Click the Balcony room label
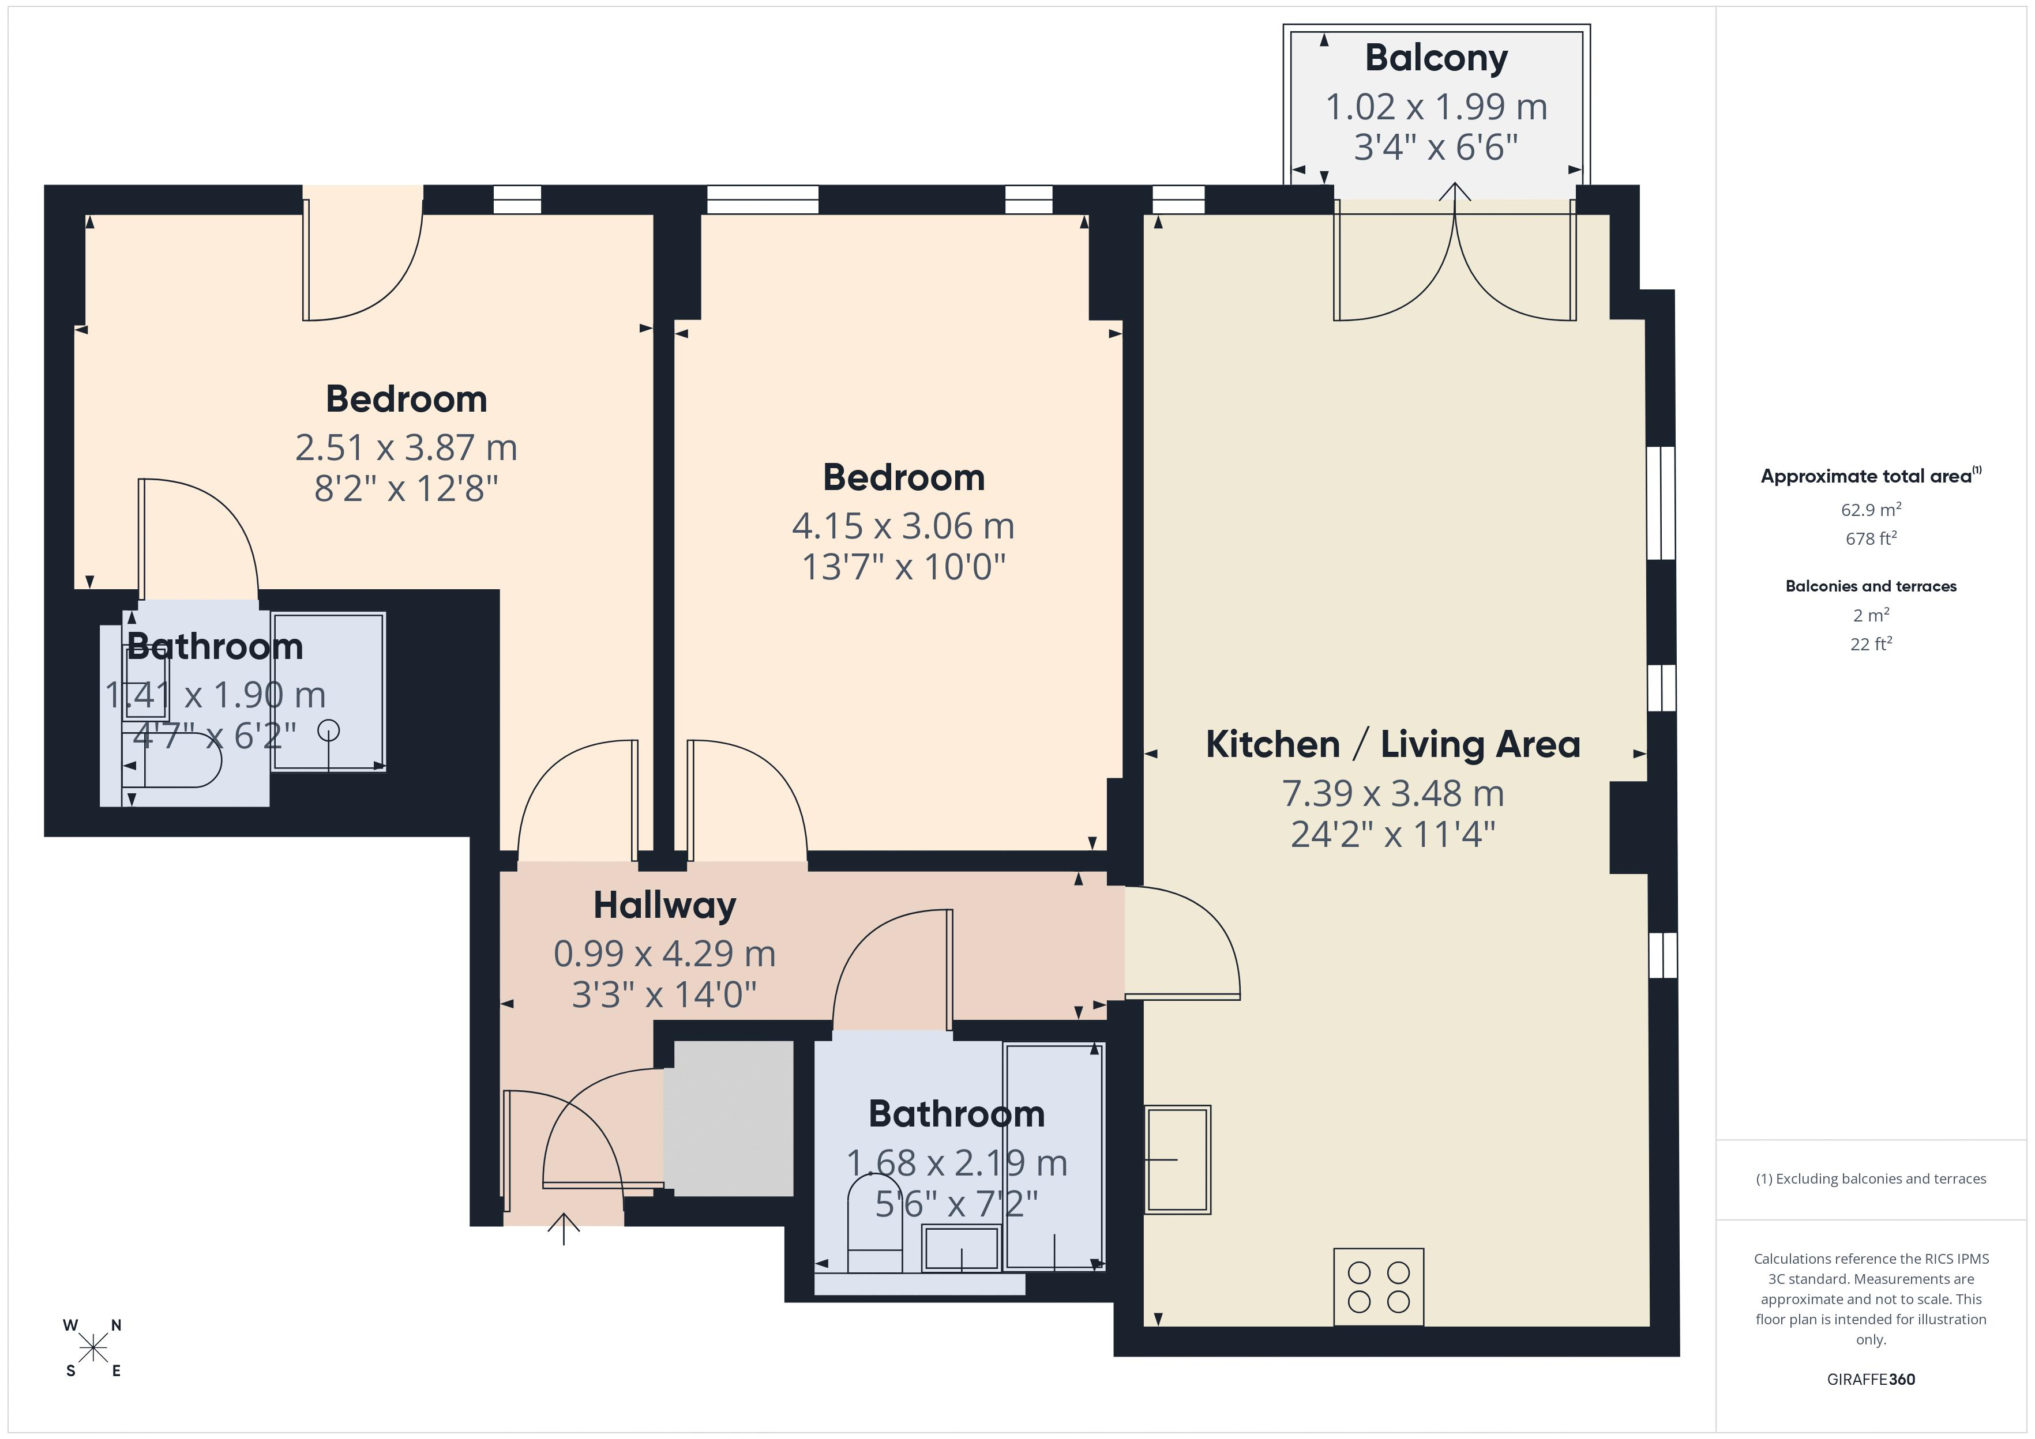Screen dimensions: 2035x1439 1436,58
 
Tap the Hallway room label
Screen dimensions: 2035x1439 664,906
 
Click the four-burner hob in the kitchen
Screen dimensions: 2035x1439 1378,1287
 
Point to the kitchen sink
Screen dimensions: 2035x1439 1178,1159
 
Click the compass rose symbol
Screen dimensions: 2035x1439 93,1348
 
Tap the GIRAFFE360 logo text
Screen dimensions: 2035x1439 1871,1380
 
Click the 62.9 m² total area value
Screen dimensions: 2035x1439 1871,510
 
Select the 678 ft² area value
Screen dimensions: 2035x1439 1871,538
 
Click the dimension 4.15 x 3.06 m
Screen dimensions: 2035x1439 903,526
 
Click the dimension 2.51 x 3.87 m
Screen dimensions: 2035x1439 406,447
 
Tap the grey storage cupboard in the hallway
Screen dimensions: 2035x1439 729,1118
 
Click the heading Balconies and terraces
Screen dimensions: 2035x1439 1871,586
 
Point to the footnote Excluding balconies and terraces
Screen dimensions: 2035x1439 1871,1178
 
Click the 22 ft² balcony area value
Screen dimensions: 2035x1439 1871,644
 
